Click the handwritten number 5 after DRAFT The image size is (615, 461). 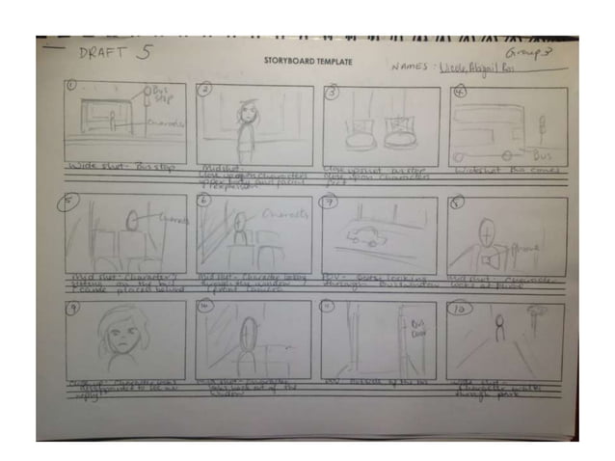(x=143, y=53)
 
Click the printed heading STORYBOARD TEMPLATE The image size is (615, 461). (x=308, y=62)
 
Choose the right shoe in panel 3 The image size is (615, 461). (x=403, y=132)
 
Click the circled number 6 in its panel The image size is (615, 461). (x=203, y=201)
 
